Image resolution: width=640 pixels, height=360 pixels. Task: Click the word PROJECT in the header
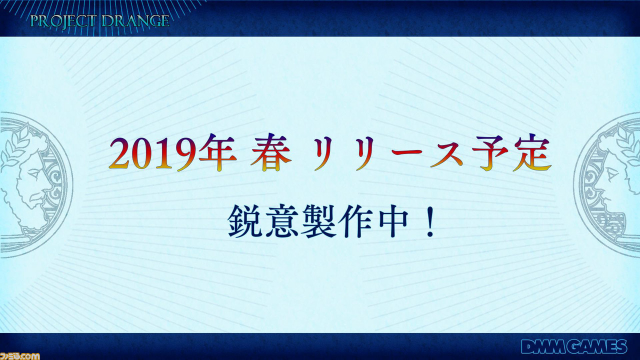point(62,21)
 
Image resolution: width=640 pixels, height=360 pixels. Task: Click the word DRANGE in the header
point(135,21)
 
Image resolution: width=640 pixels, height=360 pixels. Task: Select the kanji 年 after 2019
point(217,153)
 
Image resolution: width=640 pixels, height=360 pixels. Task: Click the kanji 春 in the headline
point(271,153)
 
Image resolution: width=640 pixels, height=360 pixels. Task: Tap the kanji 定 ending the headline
point(531,153)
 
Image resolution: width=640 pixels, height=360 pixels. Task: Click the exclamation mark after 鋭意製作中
point(429,221)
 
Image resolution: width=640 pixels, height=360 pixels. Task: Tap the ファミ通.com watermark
point(20,356)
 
